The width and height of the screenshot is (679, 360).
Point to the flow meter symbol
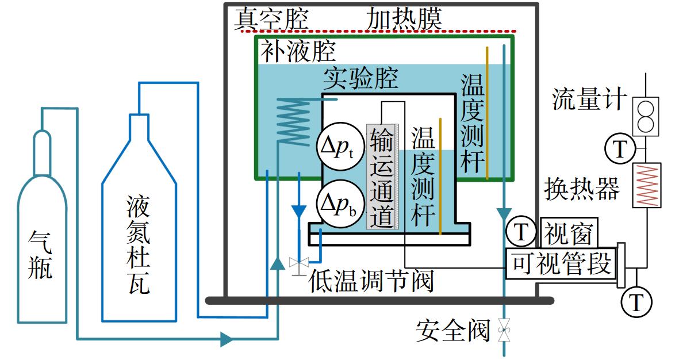point(646,116)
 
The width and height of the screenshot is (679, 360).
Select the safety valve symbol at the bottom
point(504,330)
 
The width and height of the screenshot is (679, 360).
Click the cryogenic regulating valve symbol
point(299,263)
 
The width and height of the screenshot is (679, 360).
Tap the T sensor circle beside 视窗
point(521,232)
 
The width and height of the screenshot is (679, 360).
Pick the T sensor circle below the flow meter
point(620,148)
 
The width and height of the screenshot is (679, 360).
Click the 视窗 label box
point(569,233)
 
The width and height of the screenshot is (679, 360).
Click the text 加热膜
point(404,19)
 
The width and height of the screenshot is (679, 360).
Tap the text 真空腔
point(271,19)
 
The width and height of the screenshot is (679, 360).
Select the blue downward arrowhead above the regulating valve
point(299,211)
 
